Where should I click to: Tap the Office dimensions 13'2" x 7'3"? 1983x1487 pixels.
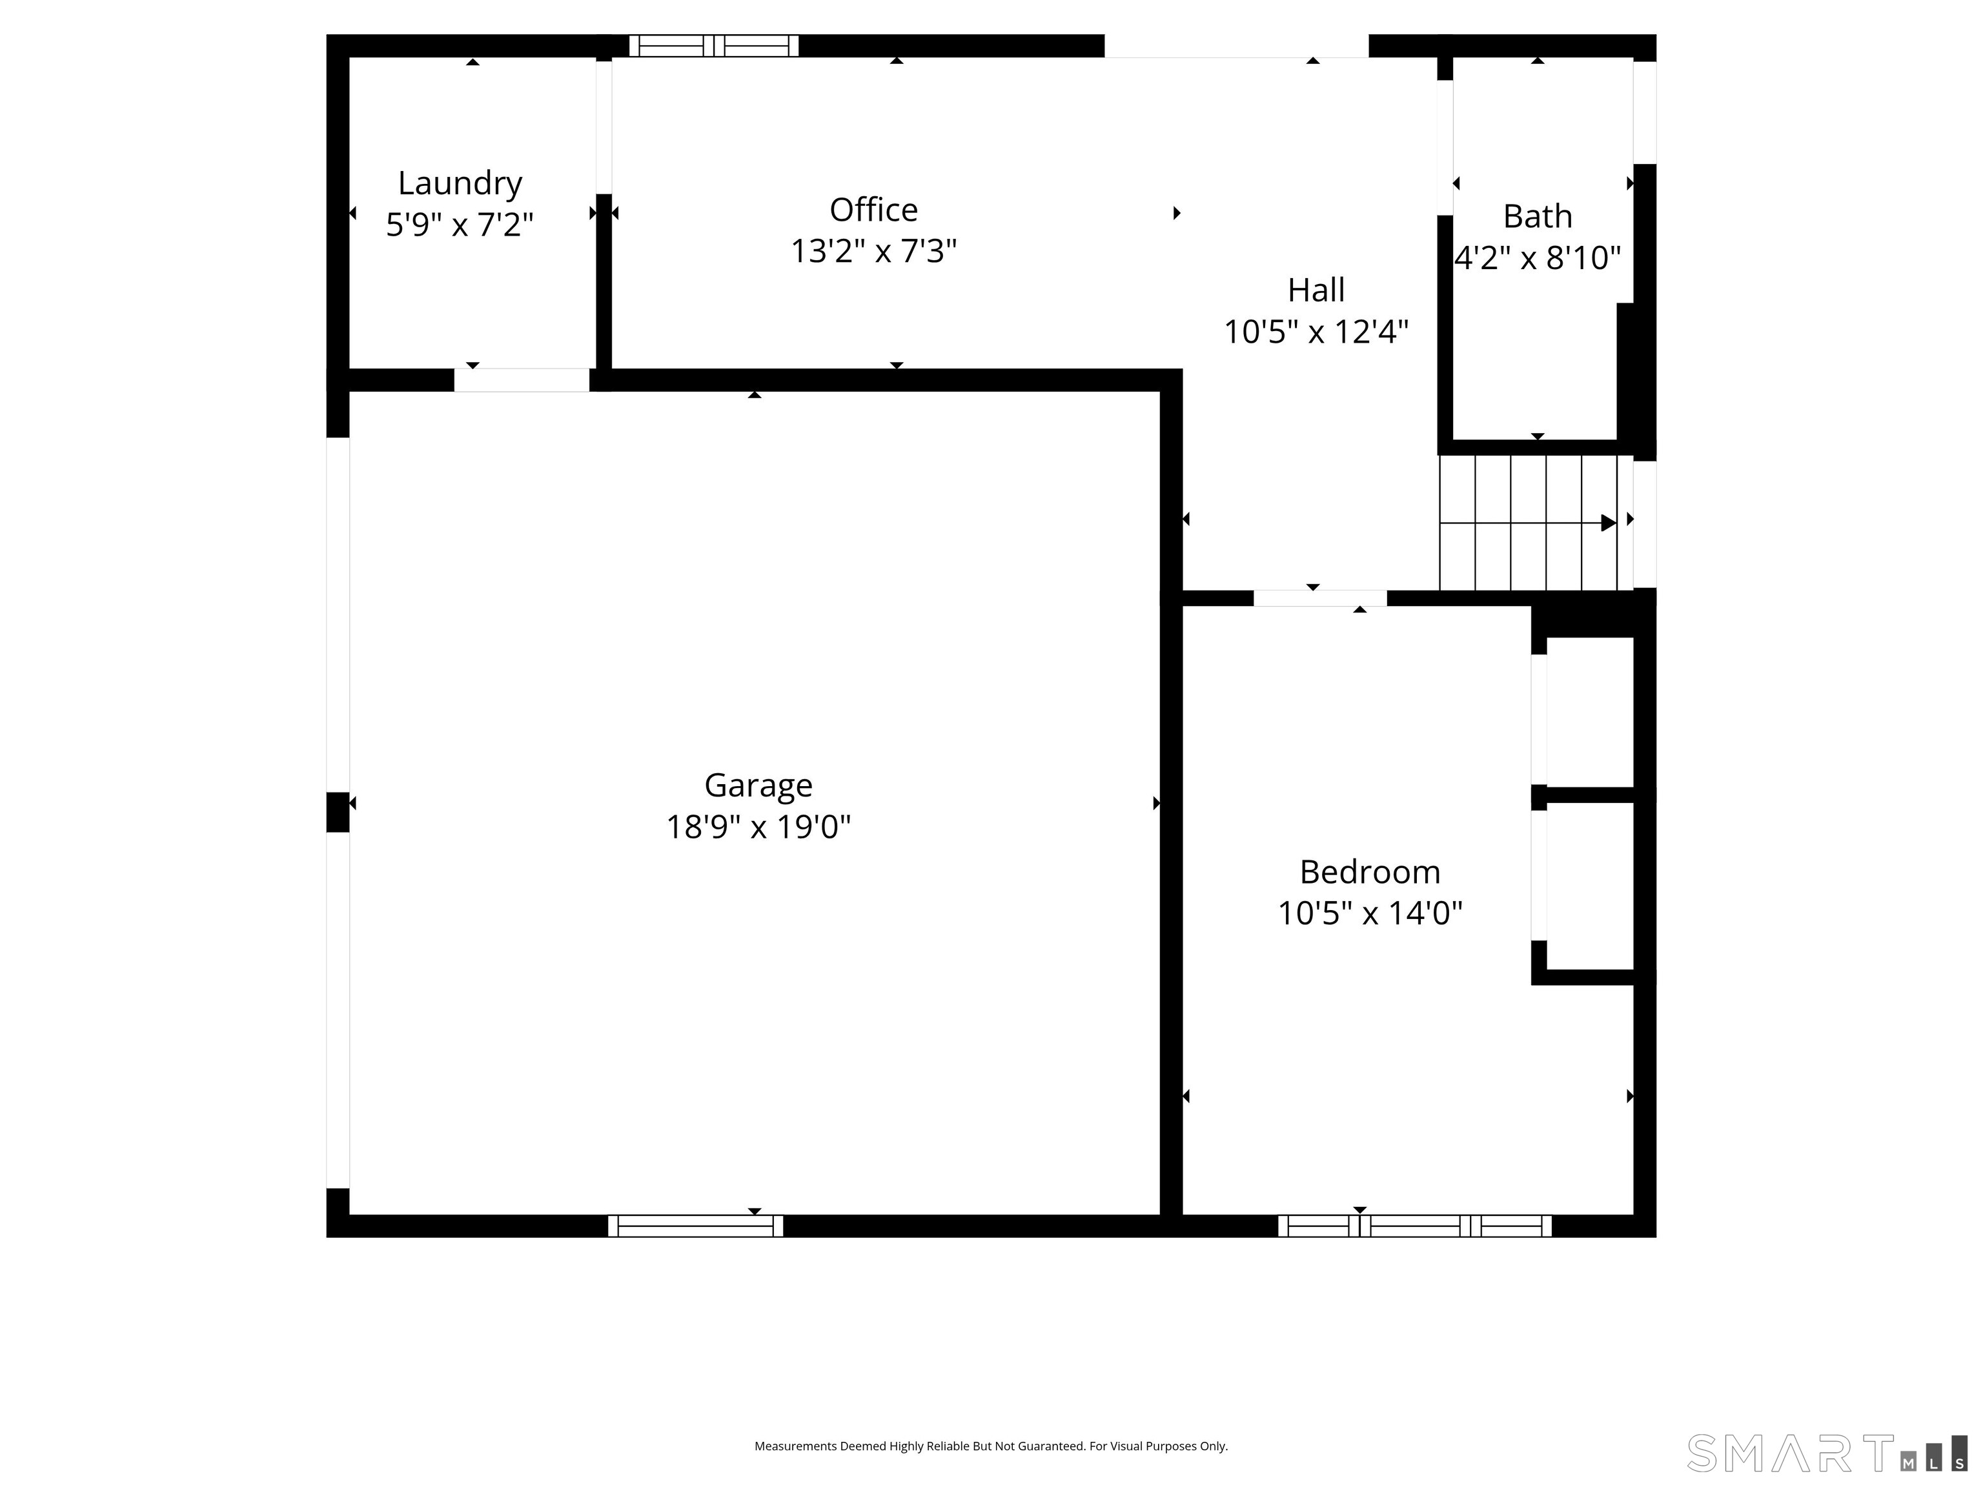pos(873,252)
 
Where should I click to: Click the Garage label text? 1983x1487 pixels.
pos(758,785)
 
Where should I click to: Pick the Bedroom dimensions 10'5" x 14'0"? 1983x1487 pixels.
pos(1369,913)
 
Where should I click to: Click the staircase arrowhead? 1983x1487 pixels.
pos(1608,523)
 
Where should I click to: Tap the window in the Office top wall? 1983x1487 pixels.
pos(713,46)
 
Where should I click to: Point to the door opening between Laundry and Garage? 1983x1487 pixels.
pos(521,380)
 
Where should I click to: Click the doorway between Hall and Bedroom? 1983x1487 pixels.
pos(1319,598)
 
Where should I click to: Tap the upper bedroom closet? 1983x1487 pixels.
pos(1589,713)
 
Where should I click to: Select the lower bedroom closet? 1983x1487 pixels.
pos(1589,885)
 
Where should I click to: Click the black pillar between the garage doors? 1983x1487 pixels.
pos(337,812)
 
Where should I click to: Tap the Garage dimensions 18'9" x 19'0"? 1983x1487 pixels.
pos(758,826)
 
